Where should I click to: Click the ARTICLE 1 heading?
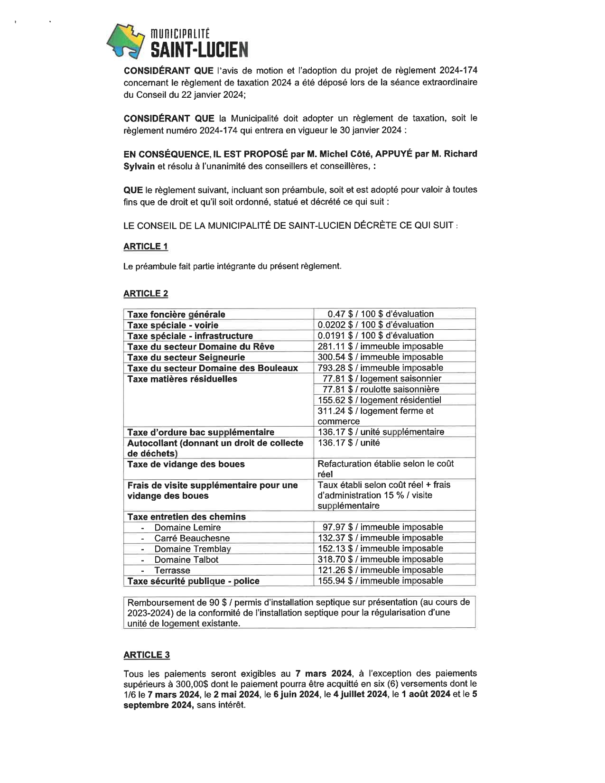[145, 246]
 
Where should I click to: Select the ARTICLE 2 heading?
[145, 293]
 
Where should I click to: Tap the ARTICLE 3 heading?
[146, 655]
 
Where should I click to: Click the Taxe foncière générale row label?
[176, 314]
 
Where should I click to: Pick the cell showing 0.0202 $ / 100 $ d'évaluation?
[375, 325]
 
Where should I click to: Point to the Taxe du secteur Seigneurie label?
[186, 357]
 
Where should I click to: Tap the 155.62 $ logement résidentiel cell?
[379, 400]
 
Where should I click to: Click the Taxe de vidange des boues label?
[186, 464]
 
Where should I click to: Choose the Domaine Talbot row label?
[186, 559]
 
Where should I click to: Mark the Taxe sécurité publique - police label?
[193, 581]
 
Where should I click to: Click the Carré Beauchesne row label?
[192, 538]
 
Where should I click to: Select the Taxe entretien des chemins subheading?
[186, 517]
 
